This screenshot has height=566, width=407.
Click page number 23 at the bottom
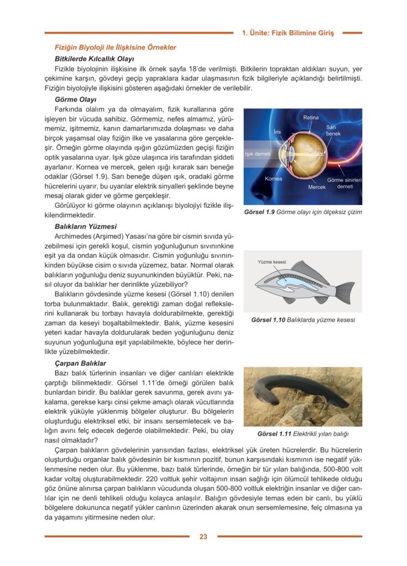click(x=203, y=536)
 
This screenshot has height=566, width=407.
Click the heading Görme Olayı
click(x=76, y=99)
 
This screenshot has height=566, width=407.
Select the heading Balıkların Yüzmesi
click(x=86, y=226)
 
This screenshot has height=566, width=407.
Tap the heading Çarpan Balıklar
click(x=80, y=363)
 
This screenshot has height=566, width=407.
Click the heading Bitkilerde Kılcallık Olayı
click(x=94, y=58)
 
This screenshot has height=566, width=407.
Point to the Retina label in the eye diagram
click(x=311, y=118)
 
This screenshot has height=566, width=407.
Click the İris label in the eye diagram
click(x=278, y=132)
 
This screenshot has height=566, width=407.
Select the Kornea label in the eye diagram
click(x=273, y=179)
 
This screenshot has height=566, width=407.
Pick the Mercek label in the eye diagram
click(x=317, y=187)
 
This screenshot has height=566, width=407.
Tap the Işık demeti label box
click(x=257, y=154)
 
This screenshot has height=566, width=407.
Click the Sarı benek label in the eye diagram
click(x=333, y=130)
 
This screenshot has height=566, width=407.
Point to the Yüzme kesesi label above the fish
click(x=272, y=261)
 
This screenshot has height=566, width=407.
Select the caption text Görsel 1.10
click(x=268, y=319)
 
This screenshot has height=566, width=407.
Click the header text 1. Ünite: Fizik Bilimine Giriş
click(x=288, y=33)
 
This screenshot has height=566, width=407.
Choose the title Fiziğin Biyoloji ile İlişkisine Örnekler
click(x=115, y=48)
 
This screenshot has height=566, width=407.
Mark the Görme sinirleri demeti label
click(x=345, y=184)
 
